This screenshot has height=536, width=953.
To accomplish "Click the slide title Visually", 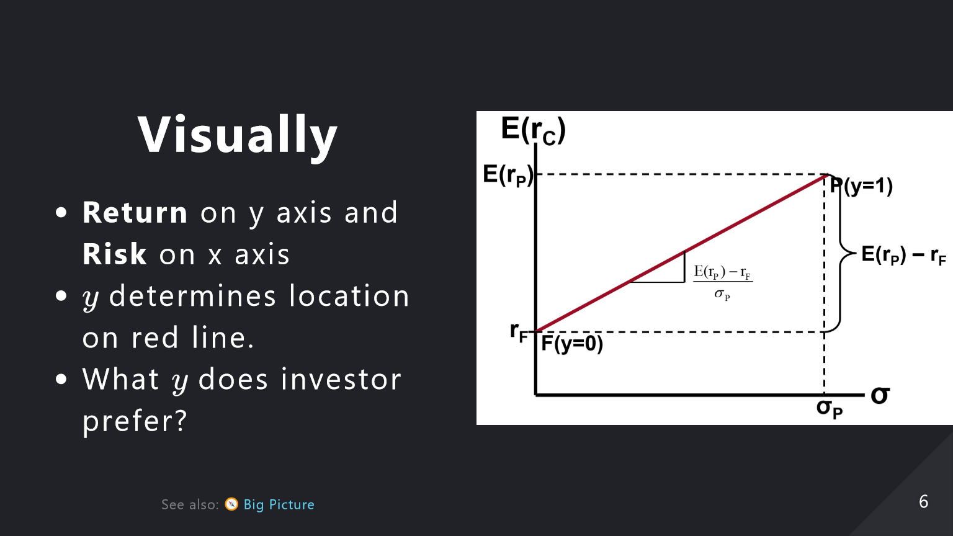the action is [238, 136].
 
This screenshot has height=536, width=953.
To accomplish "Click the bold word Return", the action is [135, 212].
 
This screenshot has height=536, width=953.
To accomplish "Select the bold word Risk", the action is [114, 254].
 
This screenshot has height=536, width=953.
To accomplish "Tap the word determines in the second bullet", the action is [193, 296].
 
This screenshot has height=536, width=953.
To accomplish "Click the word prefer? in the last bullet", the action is [135, 421].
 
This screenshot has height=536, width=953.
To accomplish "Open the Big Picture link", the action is [279, 504].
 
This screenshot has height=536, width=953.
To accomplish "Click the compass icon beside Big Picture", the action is [231, 504].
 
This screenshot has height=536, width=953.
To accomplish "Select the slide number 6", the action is [923, 502].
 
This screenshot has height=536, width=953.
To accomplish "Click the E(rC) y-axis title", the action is [533, 130].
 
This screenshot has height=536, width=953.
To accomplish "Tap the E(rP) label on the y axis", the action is [508, 176].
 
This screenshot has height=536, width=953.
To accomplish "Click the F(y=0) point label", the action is [572, 344].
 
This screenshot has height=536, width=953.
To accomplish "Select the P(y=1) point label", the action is [861, 186].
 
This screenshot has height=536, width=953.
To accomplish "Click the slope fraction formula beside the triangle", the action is [723, 282].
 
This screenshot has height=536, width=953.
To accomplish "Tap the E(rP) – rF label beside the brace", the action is [903, 255].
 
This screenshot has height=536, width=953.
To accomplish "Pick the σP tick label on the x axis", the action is [830, 409].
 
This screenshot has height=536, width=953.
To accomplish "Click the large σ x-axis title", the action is [880, 396].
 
